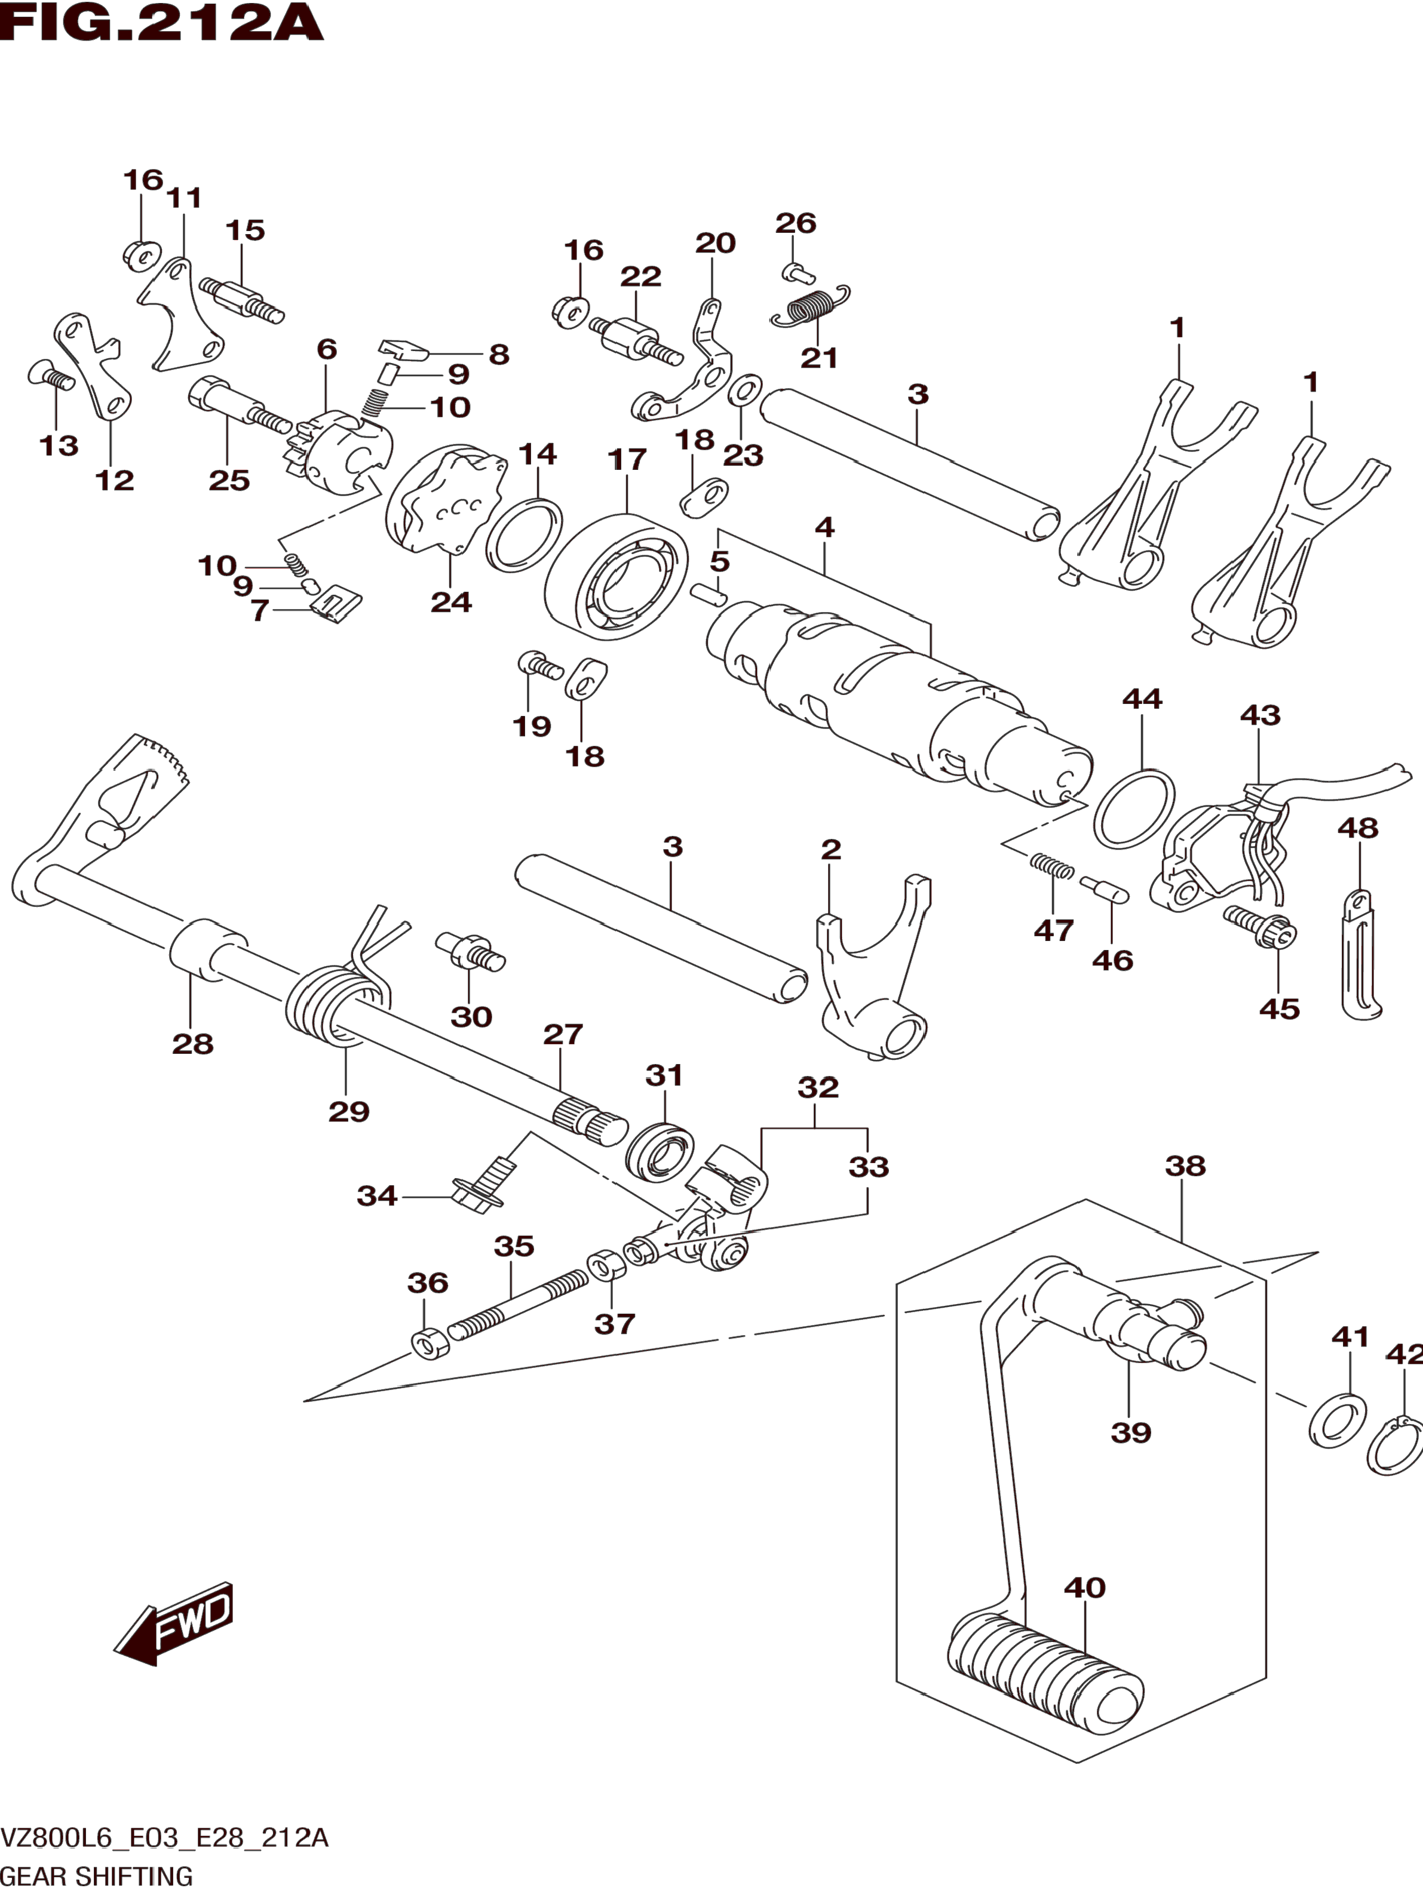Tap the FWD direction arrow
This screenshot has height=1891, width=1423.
[174, 1622]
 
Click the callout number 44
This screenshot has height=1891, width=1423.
[1142, 699]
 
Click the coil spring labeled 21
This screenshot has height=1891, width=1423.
[810, 307]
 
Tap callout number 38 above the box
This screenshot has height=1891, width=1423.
[1185, 1165]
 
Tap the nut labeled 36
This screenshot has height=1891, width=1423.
[430, 1344]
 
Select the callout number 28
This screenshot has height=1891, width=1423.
[192, 1043]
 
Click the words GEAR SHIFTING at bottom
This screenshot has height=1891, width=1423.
[97, 1875]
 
